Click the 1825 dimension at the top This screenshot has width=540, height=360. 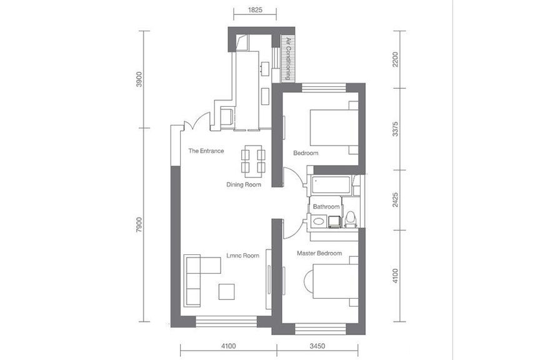point(255,9)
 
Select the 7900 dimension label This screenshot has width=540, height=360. point(139,224)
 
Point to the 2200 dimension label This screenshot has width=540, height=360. point(396,59)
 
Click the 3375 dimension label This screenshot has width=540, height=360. point(396,129)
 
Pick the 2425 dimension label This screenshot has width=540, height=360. point(396,200)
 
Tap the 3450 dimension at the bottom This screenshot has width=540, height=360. point(317,346)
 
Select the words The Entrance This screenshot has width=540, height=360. point(206,151)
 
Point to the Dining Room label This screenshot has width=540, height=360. point(244,184)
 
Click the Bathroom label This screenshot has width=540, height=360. point(326,207)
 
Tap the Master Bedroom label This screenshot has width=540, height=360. point(319,253)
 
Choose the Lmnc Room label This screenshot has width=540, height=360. point(242,256)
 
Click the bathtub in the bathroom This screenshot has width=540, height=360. point(331,185)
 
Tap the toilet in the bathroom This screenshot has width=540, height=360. point(350,219)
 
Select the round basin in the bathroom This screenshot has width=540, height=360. point(319,221)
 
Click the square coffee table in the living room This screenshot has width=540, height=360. point(227,291)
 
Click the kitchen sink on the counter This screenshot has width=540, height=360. point(264,68)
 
